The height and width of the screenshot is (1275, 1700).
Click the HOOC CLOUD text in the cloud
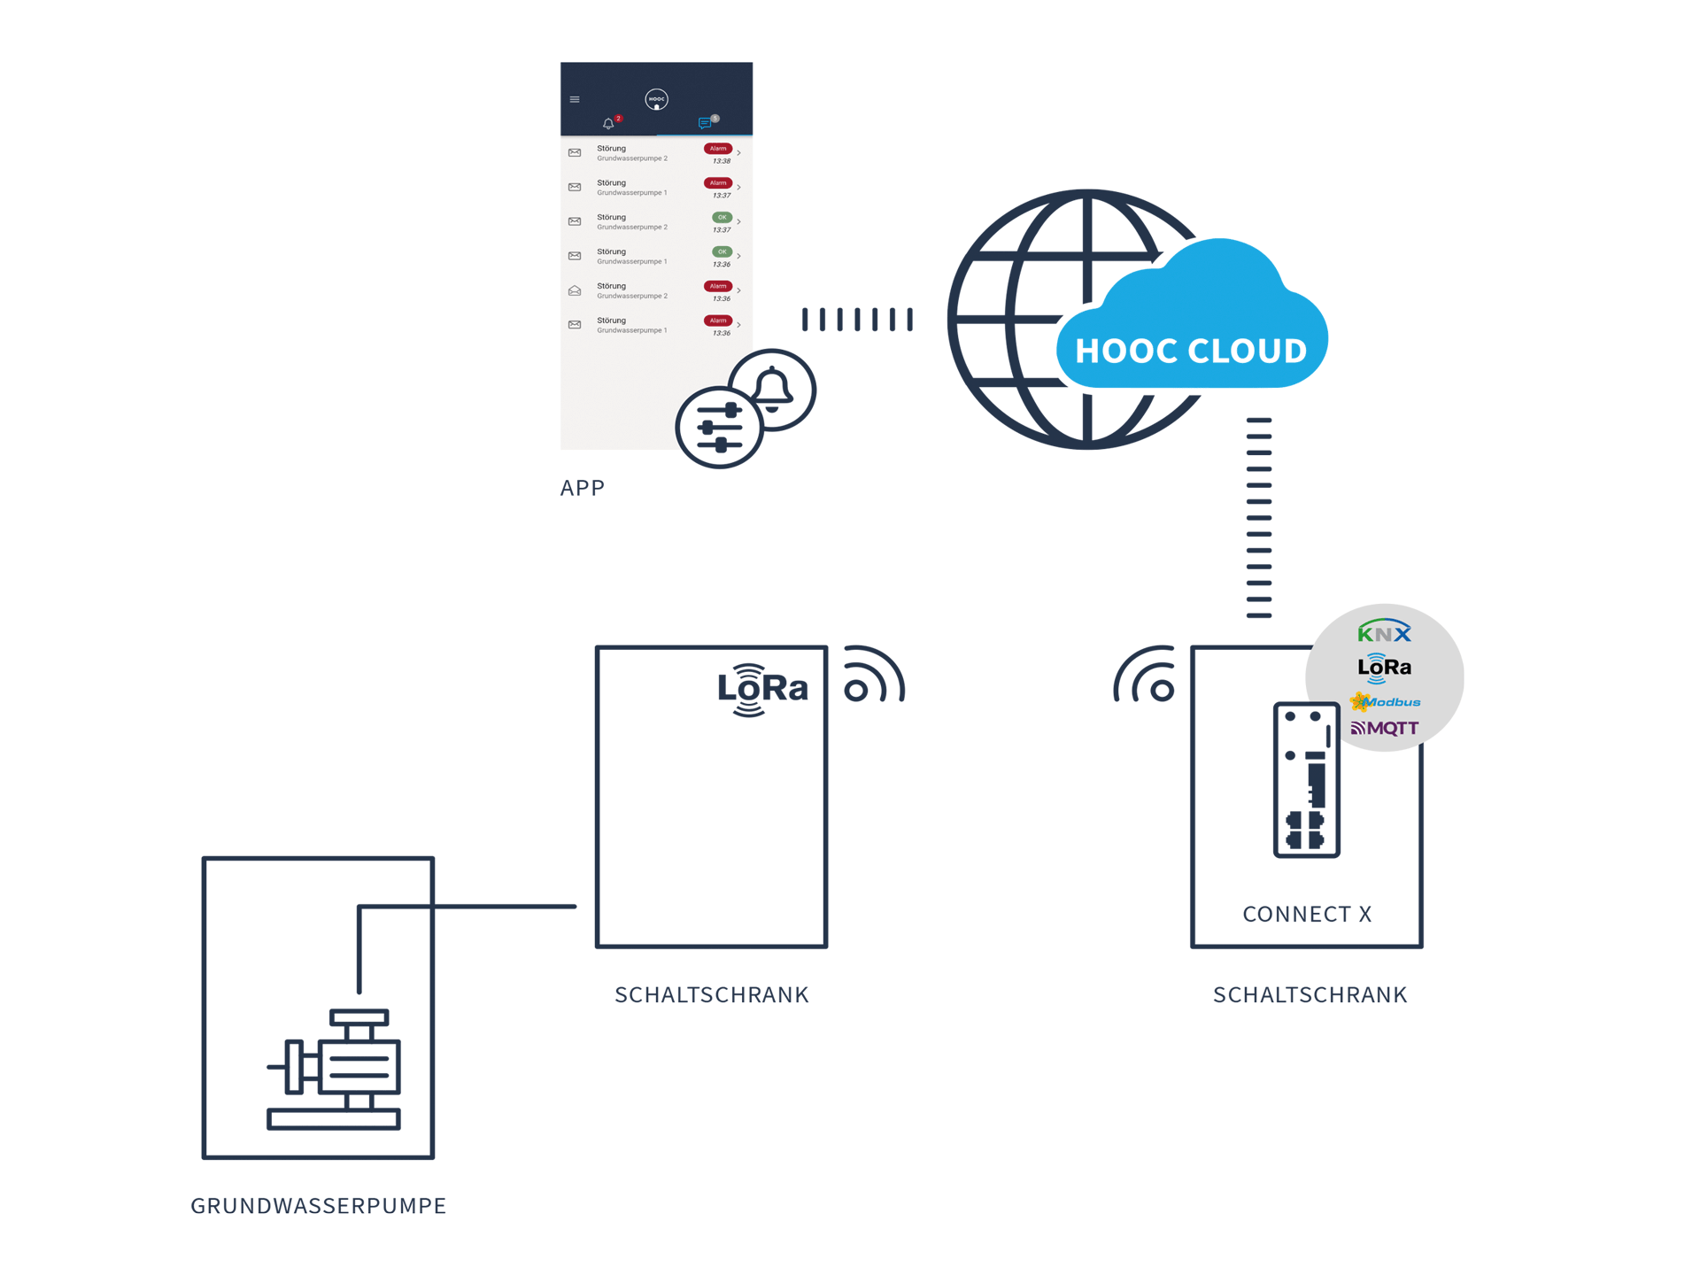(x=1190, y=351)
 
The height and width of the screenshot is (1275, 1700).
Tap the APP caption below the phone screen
(x=582, y=488)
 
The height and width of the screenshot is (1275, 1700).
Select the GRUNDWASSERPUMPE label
(x=318, y=1205)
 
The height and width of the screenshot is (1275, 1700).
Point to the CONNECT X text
(x=1306, y=914)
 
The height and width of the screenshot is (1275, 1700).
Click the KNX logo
(x=1384, y=631)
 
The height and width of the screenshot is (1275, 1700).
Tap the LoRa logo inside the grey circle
(x=1384, y=668)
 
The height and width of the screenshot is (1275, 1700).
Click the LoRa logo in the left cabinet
(x=761, y=689)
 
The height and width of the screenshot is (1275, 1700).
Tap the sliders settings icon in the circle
(x=719, y=428)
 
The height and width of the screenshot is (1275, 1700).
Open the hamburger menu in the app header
(x=575, y=99)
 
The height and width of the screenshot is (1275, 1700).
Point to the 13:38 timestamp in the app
(x=722, y=161)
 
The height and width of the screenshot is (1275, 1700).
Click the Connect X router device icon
(x=1306, y=779)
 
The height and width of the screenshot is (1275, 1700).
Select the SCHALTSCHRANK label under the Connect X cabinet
(x=1310, y=995)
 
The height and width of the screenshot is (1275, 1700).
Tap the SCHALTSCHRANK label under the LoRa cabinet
(x=711, y=995)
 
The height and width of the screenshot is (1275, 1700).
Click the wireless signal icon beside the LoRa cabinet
(x=872, y=676)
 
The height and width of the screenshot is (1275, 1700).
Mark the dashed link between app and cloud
(x=856, y=320)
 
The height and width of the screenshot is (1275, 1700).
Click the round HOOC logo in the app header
(x=656, y=99)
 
